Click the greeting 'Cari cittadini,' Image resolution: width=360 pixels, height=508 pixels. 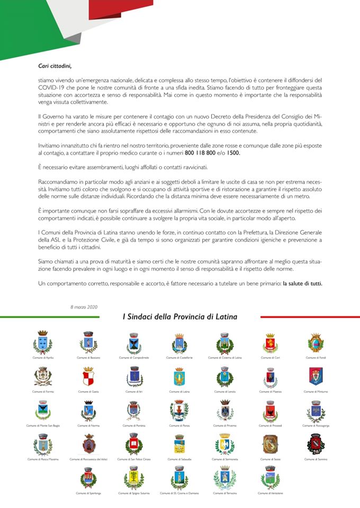(x=55, y=66)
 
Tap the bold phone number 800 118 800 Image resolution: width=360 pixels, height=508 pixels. (x=200, y=152)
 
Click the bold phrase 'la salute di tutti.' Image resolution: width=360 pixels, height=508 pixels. (x=302, y=284)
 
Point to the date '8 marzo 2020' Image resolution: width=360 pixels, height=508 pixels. (x=84, y=307)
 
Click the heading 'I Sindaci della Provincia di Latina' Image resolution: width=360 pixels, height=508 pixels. (x=180, y=317)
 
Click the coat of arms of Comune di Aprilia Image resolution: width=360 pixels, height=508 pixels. (x=43, y=343)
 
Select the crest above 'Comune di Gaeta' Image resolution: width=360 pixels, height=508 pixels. (x=88, y=377)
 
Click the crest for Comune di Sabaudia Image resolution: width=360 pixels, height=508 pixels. (x=179, y=444)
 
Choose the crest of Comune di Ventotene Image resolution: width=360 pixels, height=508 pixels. (x=270, y=478)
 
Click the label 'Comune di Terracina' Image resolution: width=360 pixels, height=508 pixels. (x=224, y=493)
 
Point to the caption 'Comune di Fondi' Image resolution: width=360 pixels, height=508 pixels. (x=316, y=358)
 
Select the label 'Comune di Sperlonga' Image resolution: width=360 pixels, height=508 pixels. (x=88, y=493)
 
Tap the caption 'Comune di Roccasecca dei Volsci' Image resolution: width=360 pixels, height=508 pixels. (x=88, y=459)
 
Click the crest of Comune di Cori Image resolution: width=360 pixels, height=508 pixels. (x=270, y=343)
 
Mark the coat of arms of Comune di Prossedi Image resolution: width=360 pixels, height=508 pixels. (x=270, y=411)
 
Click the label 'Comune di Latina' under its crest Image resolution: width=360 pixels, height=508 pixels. (x=179, y=392)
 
